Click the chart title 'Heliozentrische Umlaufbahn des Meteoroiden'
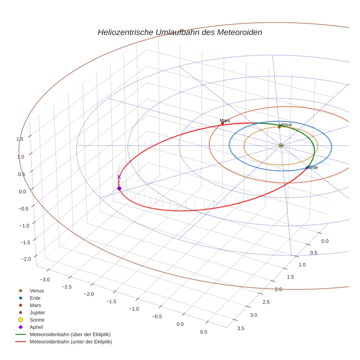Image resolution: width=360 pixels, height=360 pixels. pyautogui.click(x=180, y=32)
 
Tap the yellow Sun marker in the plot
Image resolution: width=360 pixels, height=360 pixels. pyautogui.click(x=281, y=146)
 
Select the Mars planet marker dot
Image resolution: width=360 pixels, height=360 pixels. pyautogui.click(x=222, y=123)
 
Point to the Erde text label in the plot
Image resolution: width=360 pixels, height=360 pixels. pyautogui.click(x=313, y=167)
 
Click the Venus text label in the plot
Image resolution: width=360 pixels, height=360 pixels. pyautogui.click(x=286, y=125)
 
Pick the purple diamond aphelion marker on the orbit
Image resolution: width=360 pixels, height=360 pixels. pyautogui.click(x=119, y=188)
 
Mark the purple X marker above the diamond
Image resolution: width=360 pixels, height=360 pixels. pyautogui.click(x=119, y=177)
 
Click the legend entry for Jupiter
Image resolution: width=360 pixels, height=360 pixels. pyautogui.click(x=37, y=312)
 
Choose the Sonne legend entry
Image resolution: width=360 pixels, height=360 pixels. pyautogui.click(x=37, y=320)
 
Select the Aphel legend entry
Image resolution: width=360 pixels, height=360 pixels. pyautogui.click(x=37, y=327)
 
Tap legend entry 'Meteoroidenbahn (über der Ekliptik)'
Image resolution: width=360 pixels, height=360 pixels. pyautogui.click(x=70, y=334)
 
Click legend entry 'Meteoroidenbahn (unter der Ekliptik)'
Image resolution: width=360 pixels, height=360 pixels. pyautogui.click(x=71, y=342)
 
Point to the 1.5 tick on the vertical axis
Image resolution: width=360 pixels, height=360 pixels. pyautogui.click(x=20, y=139)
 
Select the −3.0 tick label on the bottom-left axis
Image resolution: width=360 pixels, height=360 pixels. pyautogui.click(x=45, y=280)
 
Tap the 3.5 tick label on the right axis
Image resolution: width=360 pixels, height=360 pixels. pyautogui.click(x=241, y=328)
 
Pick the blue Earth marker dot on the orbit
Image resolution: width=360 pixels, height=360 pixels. pyautogui.click(x=307, y=168)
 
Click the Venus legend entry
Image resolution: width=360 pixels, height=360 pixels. pyautogui.click(x=37, y=290)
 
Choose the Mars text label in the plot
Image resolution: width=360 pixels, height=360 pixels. pyautogui.click(x=225, y=120)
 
